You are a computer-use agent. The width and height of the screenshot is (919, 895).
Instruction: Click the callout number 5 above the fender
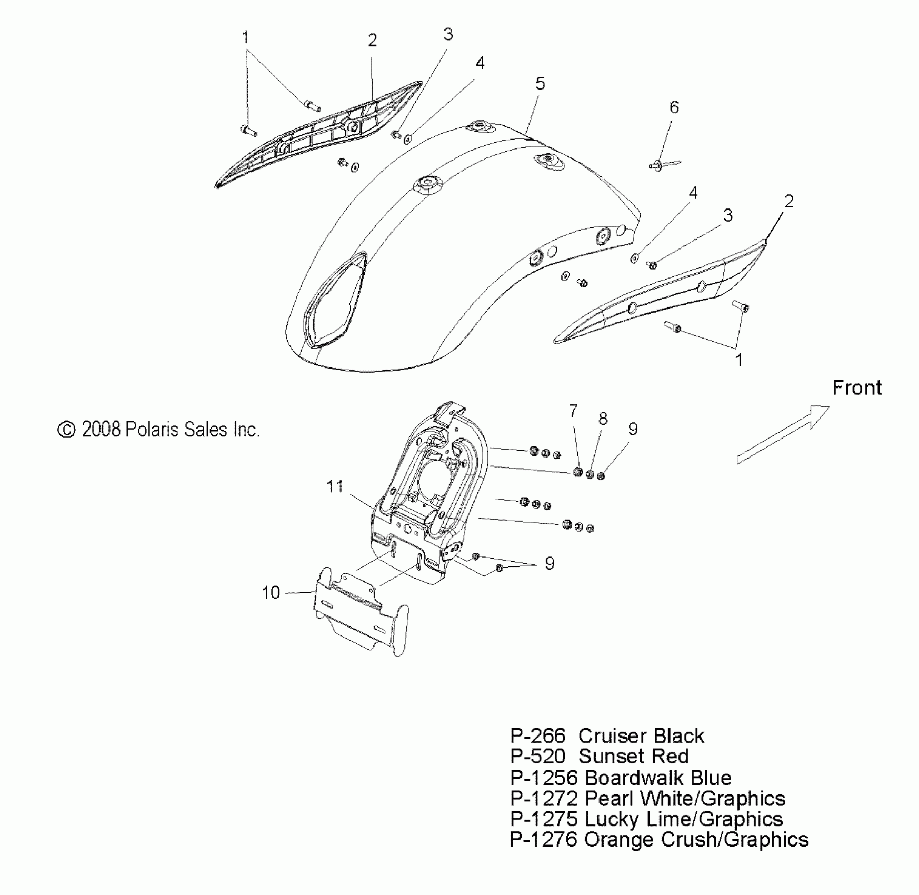[x=540, y=84]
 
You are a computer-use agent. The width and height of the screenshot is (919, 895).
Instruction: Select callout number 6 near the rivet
[x=674, y=107]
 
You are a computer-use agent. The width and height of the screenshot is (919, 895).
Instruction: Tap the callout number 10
[x=271, y=593]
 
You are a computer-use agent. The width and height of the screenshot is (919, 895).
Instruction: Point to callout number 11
[x=335, y=486]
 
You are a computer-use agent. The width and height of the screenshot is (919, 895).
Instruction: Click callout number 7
[x=573, y=411]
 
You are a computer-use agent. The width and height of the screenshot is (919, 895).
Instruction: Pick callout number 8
[x=603, y=419]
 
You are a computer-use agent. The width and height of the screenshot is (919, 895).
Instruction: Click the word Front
[x=856, y=388]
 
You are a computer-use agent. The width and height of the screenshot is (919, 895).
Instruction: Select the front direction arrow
[x=783, y=435]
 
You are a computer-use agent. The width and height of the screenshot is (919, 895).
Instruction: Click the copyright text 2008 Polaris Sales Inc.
[x=158, y=430]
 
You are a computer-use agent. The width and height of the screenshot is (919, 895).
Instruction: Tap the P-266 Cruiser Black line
[x=607, y=736]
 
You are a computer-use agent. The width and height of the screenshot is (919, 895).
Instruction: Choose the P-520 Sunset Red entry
[x=599, y=757]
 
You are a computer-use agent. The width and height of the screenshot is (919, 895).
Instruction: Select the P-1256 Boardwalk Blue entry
[x=621, y=778]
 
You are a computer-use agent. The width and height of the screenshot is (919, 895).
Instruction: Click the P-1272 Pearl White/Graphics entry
[x=647, y=799]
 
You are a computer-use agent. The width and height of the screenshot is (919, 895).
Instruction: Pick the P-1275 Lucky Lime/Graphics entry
[x=646, y=819]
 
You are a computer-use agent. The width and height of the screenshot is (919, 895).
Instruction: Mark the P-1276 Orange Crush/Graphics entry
[x=659, y=840]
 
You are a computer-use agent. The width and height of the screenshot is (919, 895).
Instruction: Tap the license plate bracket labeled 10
[x=361, y=614]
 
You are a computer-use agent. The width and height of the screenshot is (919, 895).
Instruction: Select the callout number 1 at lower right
[x=738, y=361]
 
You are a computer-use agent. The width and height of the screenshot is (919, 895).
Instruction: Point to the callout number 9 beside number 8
[x=633, y=429]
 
